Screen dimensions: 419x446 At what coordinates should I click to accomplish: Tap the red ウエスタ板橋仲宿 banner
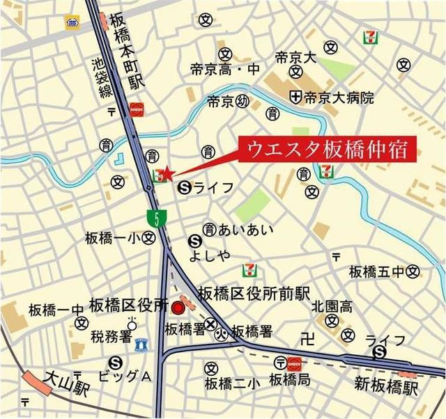(x=327, y=149)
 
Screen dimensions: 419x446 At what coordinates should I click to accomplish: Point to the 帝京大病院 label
(x=339, y=97)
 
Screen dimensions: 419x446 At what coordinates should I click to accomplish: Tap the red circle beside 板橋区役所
(x=178, y=307)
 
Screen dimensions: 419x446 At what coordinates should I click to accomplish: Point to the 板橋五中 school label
(x=376, y=271)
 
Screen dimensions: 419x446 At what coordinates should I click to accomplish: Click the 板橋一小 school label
(x=114, y=238)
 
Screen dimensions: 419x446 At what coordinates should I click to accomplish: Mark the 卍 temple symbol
(x=307, y=340)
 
